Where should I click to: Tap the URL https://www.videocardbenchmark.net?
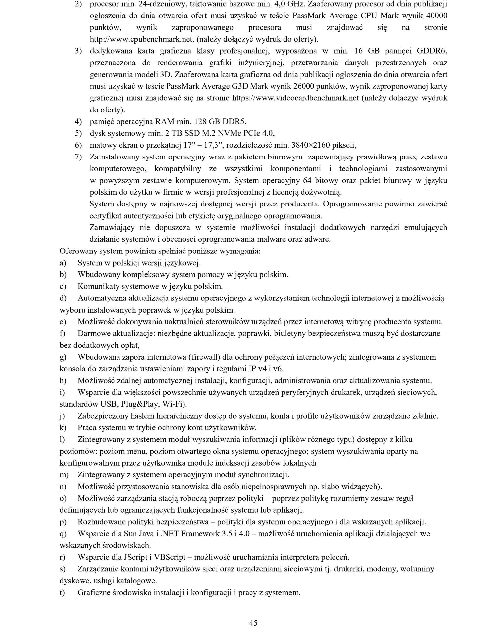point(295,98)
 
